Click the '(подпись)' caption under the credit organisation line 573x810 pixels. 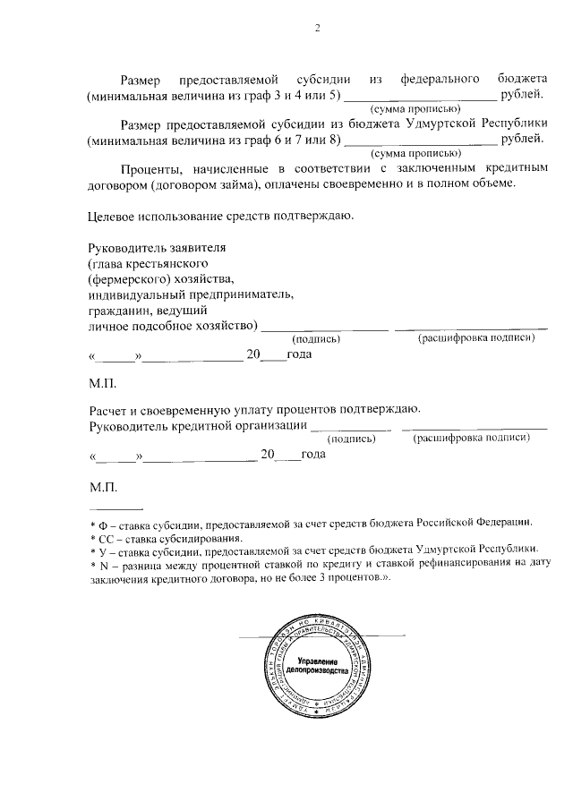click(x=352, y=439)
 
